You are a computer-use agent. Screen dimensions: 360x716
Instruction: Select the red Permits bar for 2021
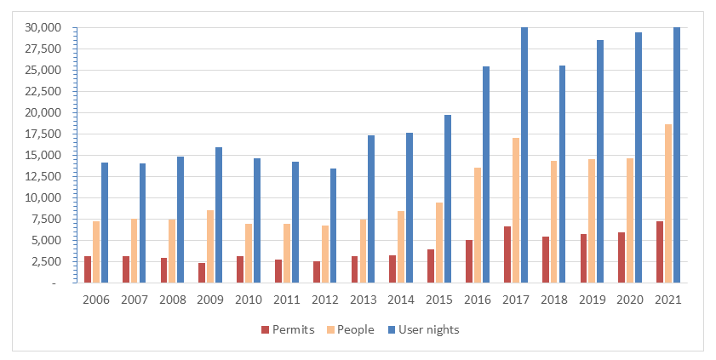pos(660,252)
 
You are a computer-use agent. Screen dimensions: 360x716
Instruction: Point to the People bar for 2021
pos(668,203)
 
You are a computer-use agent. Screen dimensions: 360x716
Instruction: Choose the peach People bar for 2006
pos(96,252)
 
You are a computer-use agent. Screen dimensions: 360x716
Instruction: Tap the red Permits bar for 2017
pos(507,254)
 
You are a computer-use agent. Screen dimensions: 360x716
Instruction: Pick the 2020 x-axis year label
pos(630,300)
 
